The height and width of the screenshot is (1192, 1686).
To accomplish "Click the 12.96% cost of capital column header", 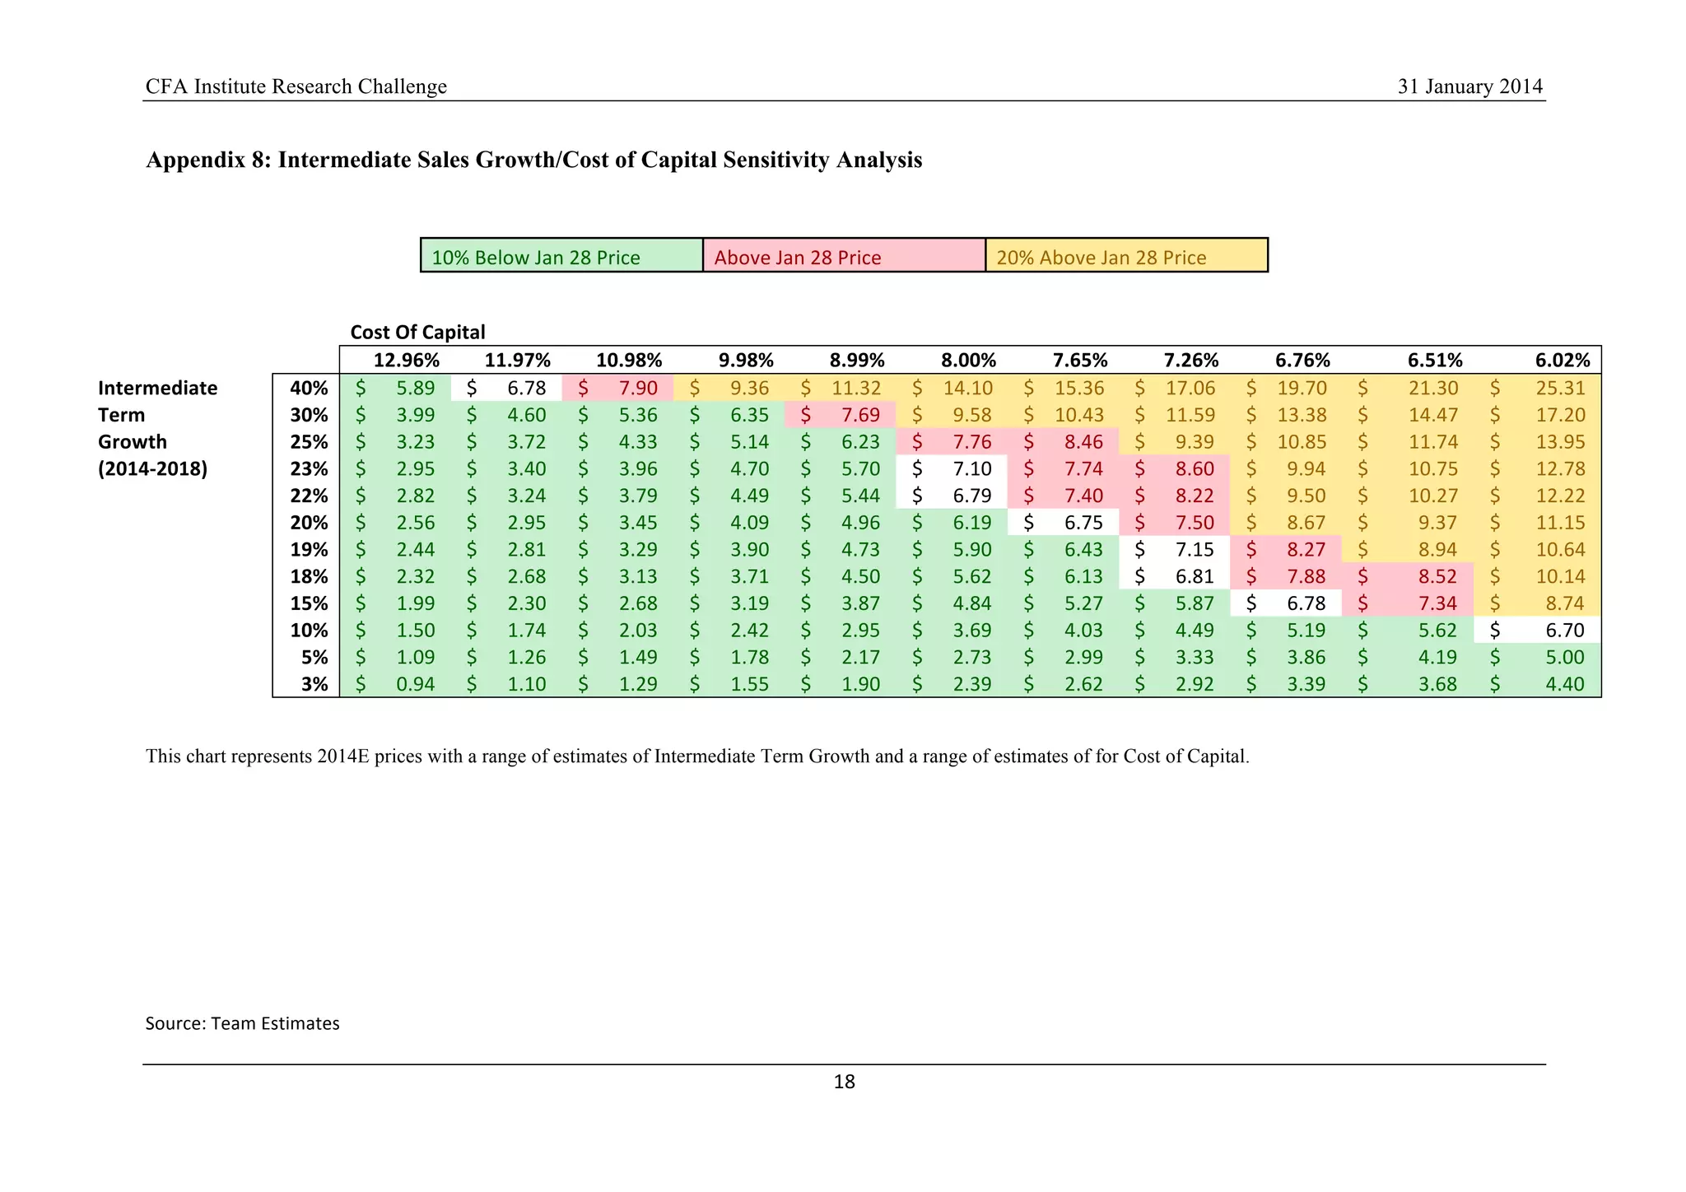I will [407, 361].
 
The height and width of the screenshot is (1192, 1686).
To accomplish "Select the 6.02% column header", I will [1562, 361].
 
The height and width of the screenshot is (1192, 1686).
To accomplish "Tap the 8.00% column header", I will [968, 361].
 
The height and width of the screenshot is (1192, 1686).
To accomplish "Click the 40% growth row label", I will [310, 388].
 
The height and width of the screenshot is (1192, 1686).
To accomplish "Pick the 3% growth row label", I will [314, 684].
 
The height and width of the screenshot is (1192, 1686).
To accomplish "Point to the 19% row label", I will [310, 549].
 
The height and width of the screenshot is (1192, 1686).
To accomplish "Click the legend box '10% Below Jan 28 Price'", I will [561, 256].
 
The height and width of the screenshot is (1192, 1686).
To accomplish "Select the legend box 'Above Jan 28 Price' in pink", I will [844, 256].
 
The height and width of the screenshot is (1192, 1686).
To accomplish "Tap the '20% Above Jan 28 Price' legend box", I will [1126, 256].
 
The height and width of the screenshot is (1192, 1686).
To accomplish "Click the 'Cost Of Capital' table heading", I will [417, 332].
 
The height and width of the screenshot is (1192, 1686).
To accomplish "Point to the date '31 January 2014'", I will [1469, 86].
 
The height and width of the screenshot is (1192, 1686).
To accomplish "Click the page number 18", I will [844, 1083].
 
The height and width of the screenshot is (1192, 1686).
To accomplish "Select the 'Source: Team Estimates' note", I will [242, 1023].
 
